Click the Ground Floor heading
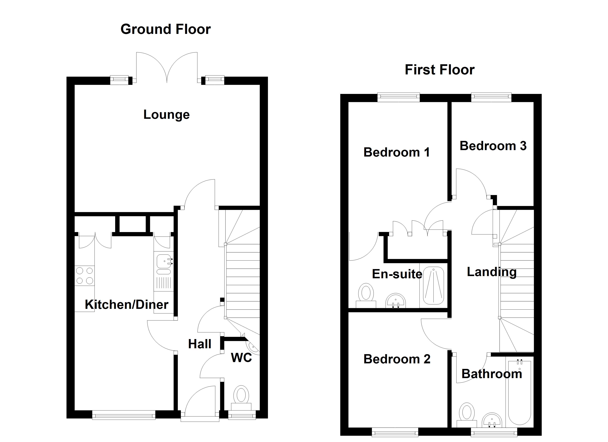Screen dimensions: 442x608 pyautogui.click(x=165, y=29)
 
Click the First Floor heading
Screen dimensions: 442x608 pyautogui.click(x=439, y=70)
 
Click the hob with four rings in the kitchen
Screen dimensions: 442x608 pyautogui.click(x=84, y=276)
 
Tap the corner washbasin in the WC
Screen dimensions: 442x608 pyautogui.click(x=254, y=348)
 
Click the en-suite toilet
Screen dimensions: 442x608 pyautogui.click(x=366, y=295)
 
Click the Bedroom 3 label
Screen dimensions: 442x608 pyautogui.click(x=493, y=146)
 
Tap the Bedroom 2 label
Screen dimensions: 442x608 pyautogui.click(x=396, y=359)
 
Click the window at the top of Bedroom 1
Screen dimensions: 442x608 pyautogui.click(x=398, y=97)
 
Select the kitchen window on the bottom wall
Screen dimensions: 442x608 pyautogui.click(x=124, y=415)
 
